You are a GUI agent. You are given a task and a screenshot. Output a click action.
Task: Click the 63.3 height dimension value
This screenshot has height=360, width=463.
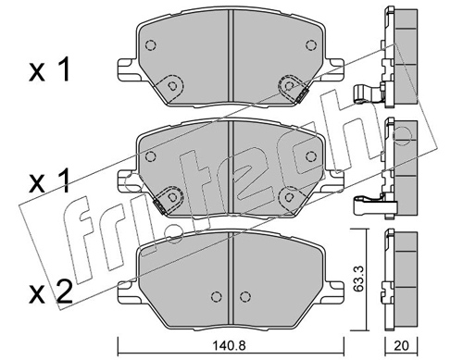(x=357, y=279)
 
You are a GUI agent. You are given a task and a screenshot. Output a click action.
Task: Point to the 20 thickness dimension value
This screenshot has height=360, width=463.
(x=401, y=345)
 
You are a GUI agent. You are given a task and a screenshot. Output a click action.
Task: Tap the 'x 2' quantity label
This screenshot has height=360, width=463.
(x=51, y=292)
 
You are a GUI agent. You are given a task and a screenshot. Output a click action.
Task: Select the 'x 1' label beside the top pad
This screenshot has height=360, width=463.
(x=49, y=71)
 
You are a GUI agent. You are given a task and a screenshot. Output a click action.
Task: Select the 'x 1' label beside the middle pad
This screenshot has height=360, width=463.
(x=49, y=182)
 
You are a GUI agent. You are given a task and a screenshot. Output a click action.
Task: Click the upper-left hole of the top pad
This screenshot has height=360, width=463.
(x=150, y=45)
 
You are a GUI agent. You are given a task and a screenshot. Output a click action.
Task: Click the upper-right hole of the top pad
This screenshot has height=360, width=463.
(x=311, y=45)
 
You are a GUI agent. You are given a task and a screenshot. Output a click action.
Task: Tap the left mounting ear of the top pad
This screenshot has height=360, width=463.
(x=127, y=68)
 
